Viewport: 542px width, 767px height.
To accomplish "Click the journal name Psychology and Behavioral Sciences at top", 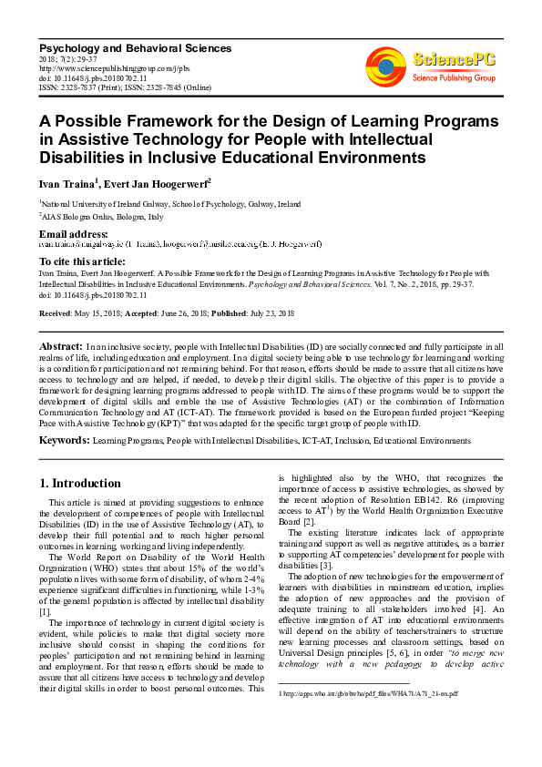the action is (135, 48).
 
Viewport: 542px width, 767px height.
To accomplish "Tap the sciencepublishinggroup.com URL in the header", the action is (114, 68).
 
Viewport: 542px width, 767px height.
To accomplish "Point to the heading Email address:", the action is (74, 235).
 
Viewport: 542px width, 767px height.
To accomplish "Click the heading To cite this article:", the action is (84, 261).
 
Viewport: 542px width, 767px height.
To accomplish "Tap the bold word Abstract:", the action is (61, 348).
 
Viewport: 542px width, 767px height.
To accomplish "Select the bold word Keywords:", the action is (64, 439).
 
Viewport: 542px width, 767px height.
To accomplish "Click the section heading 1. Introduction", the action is (81, 483).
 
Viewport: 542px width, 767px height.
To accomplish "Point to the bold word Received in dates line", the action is (57, 313).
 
